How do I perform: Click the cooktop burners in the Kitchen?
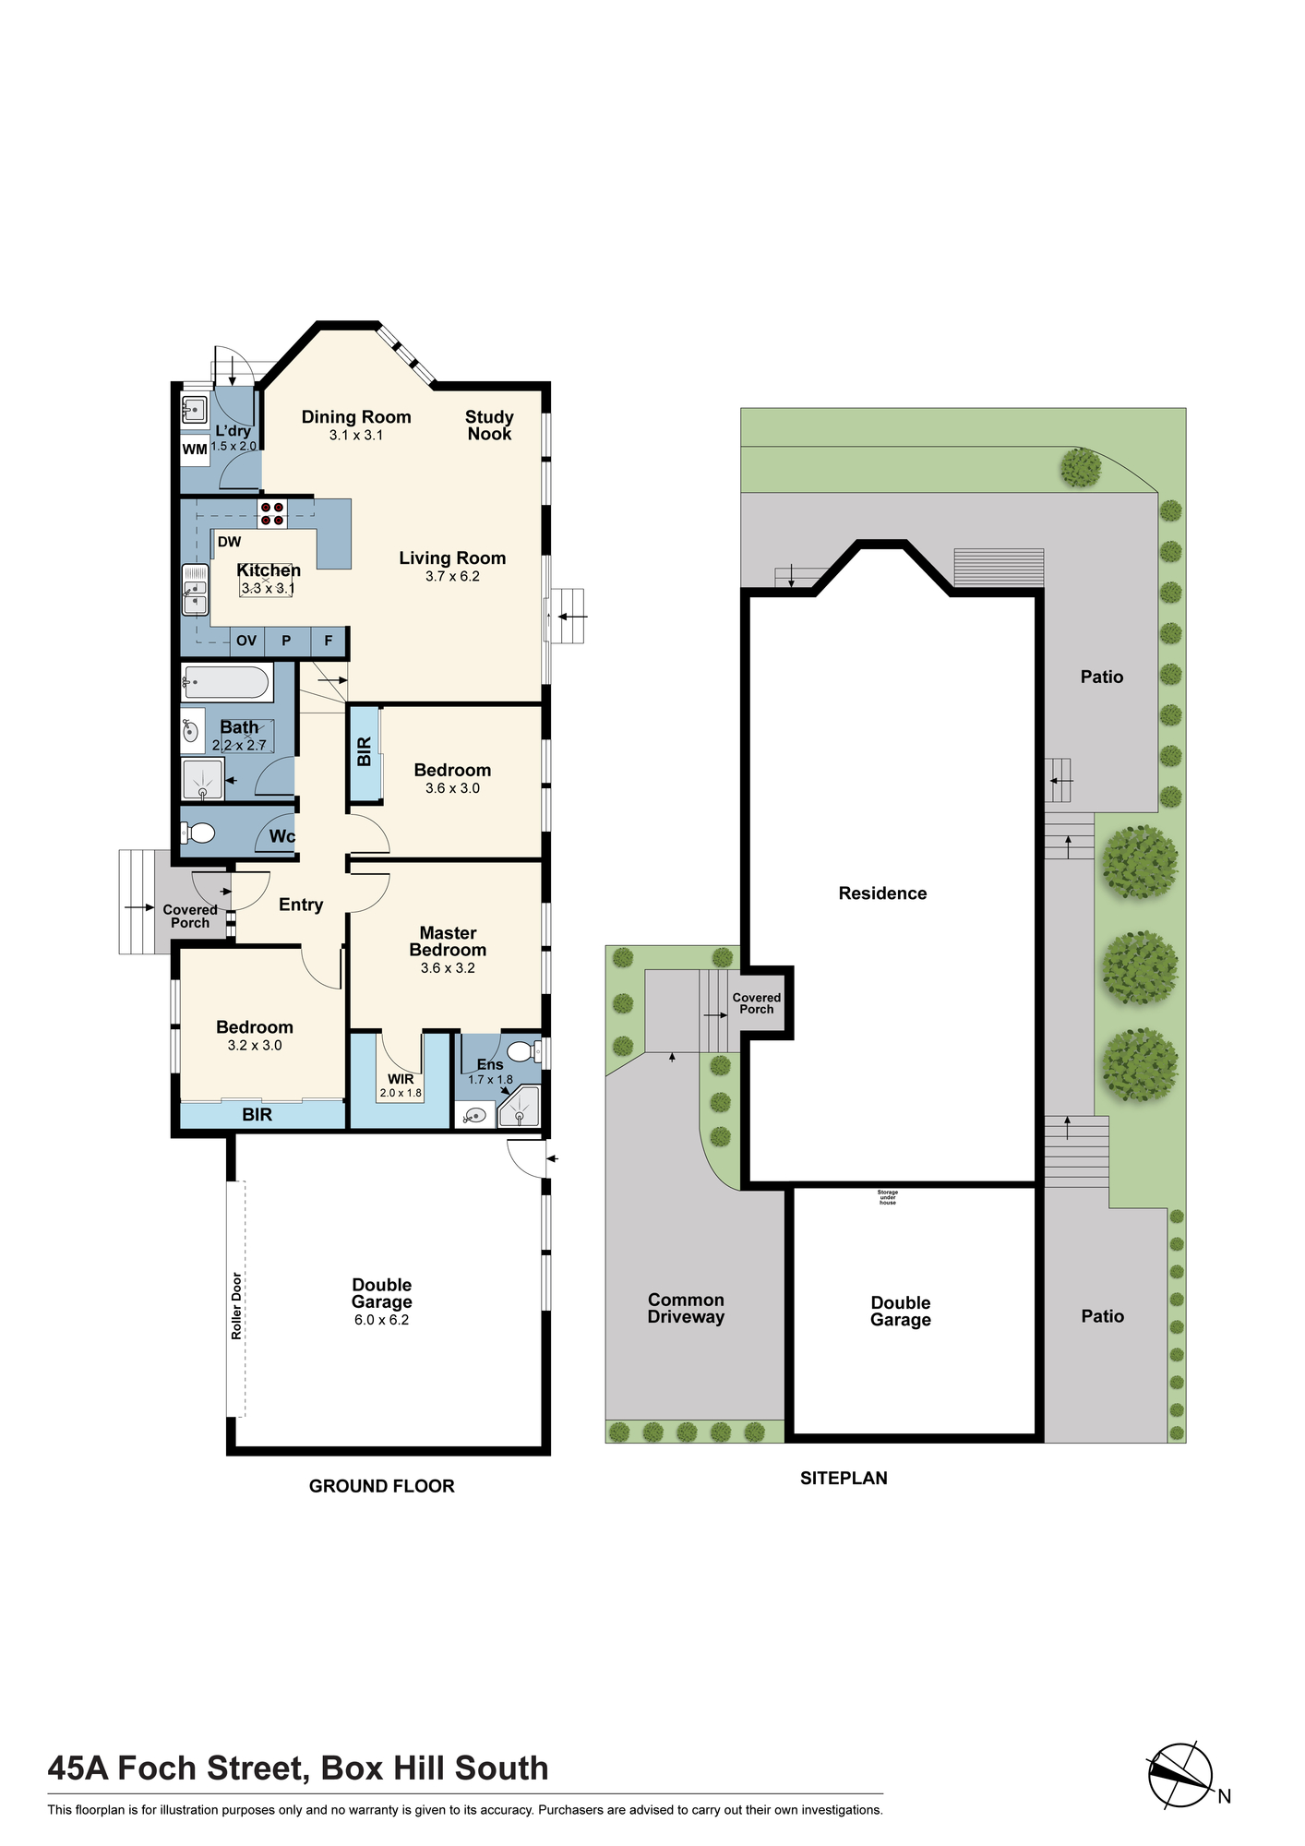pos(272,514)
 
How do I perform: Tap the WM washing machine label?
pos(195,450)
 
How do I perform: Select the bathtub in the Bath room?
pos(227,683)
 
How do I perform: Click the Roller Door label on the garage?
pos(237,1306)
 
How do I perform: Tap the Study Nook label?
pos(489,426)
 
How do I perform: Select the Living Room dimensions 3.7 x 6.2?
pos(452,576)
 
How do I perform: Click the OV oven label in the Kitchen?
pos(246,641)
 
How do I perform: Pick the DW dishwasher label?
pos(229,542)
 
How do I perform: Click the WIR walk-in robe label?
pos(401,1079)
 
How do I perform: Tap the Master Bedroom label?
pos(449,941)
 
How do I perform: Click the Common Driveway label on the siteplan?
pos(686,1309)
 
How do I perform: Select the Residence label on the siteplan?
pos(882,893)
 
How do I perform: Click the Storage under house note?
pos(888,1197)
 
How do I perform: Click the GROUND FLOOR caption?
pos(382,1486)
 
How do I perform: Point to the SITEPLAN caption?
pos(844,1478)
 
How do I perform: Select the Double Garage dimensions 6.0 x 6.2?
pos(381,1320)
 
